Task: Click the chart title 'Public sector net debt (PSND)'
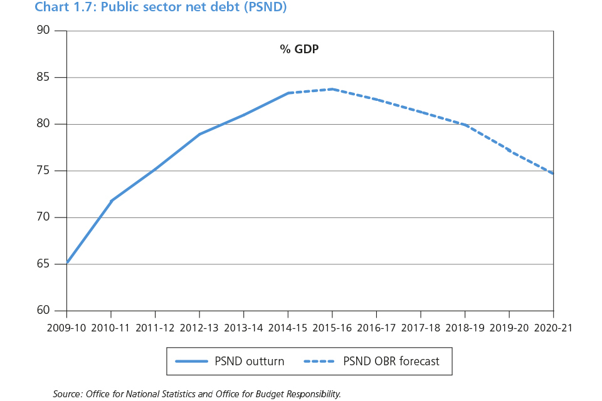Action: coord(161,8)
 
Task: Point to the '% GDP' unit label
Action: coord(299,49)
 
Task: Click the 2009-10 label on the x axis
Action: coord(67,327)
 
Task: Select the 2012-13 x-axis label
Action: coord(199,327)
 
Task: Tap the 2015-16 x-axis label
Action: coord(332,327)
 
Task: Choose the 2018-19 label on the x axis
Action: coord(465,327)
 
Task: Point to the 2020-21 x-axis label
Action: coord(553,327)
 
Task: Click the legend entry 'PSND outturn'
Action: coord(249,362)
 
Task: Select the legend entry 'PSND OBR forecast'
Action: coord(391,362)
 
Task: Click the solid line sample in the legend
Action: coord(191,362)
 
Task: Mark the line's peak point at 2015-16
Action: coord(332,89)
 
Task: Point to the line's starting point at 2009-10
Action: coord(67,263)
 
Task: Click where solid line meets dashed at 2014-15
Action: coord(288,93)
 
